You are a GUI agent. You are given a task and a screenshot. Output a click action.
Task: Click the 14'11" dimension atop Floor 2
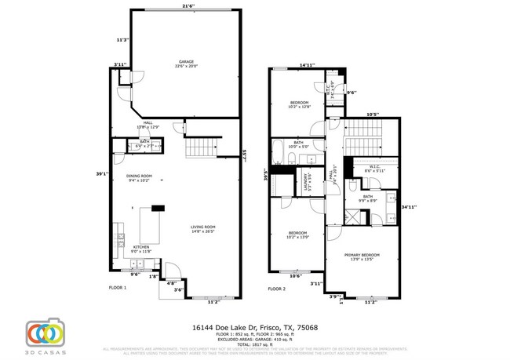click(x=307, y=66)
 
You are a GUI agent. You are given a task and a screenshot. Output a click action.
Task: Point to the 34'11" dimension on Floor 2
click(x=408, y=207)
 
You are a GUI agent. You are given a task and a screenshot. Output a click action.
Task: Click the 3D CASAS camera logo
click(x=46, y=333)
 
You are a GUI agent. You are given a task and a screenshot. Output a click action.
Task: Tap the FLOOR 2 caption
click(x=276, y=289)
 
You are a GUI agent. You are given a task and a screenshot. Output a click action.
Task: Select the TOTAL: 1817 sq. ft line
click(x=254, y=343)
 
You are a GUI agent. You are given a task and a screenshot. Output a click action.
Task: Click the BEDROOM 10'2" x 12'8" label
click(x=300, y=104)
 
